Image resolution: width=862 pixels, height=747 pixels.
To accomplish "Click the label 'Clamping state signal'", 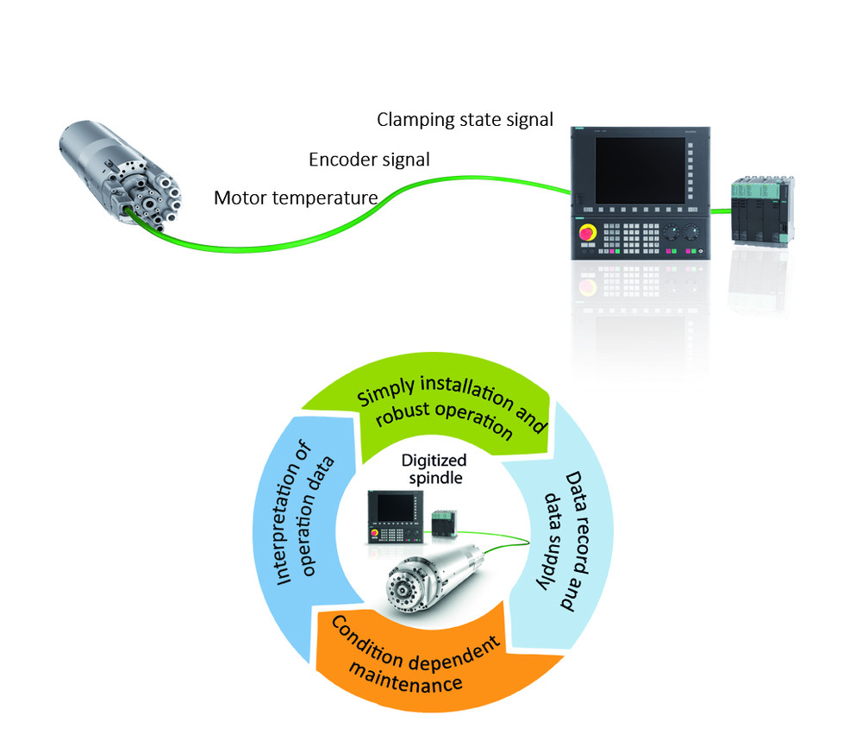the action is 465,120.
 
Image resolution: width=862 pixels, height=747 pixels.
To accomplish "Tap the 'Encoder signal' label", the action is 369,160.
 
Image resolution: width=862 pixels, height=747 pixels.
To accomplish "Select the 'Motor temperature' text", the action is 296,198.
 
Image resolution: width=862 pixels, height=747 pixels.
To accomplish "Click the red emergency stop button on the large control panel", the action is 586,233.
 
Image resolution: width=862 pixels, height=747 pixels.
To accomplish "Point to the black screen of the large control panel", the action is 640,171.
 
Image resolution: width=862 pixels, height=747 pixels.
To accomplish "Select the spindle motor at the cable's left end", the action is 119,173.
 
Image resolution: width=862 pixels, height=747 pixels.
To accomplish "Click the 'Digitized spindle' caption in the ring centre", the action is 434,468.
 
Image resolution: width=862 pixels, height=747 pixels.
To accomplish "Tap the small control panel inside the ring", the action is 396,517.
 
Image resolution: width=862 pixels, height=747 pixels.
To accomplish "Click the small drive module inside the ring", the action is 444,523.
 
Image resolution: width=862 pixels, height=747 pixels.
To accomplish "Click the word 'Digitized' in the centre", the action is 434,461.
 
